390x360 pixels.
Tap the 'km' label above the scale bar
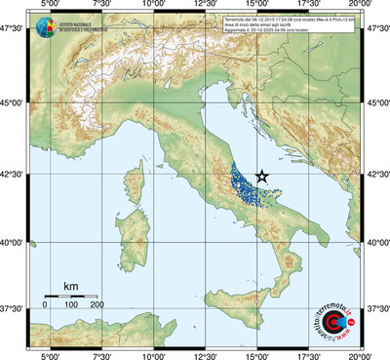tap(70, 286)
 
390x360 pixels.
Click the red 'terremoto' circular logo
tap(336, 319)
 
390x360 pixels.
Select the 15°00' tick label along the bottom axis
tap(257, 354)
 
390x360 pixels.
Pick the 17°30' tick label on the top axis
tap(310, 6)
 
